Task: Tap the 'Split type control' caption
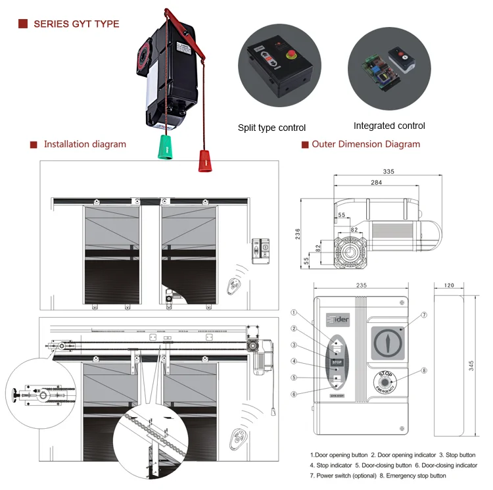tap(271, 128)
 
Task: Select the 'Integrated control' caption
tap(389, 126)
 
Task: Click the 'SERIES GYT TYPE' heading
tap(76, 24)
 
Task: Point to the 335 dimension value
tap(388, 172)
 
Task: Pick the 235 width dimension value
tap(360, 286)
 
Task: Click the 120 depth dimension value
tap(449, 286)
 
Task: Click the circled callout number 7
tap(424, 315)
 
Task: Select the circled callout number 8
tap(424, 371)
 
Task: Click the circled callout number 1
tap(295, 314)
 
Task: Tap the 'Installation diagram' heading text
tap(85, 144)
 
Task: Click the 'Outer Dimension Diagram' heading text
tap(365, 144)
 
